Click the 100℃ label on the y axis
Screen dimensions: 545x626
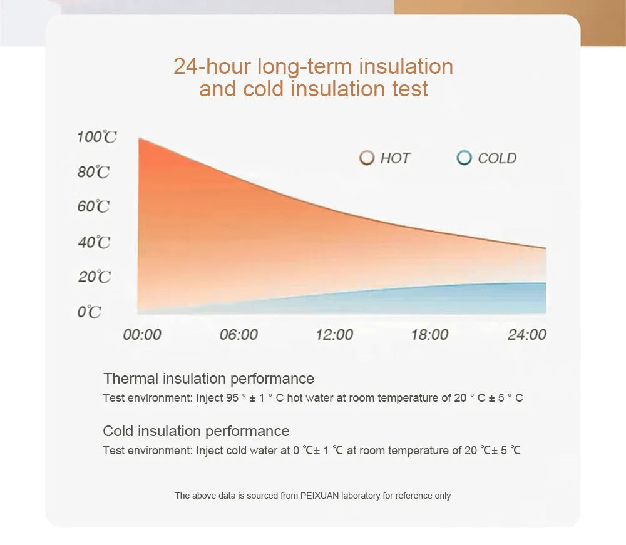(96, 137)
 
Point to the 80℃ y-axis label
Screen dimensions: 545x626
(94, 172)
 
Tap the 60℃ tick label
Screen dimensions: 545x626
(94, 206)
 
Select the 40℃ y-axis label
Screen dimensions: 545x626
(94, 242)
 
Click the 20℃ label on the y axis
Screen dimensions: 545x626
(94, 277)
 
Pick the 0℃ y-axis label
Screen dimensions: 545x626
(90, 312)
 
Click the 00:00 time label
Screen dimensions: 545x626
(142, 335)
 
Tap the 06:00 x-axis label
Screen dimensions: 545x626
(239, 335)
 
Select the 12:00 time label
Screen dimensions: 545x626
(334, 335)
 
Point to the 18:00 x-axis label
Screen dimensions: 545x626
(429, 335)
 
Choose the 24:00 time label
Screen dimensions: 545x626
(526, 335)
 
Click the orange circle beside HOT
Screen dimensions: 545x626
(367, 158)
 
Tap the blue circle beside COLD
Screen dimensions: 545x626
(464, 158)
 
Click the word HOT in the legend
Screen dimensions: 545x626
(395, 158)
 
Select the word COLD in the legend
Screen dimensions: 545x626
(497, 158)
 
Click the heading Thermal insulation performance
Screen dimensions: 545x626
(208, 379)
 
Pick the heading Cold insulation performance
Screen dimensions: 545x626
(196, 431)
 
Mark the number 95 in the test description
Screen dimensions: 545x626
(232, 398)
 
